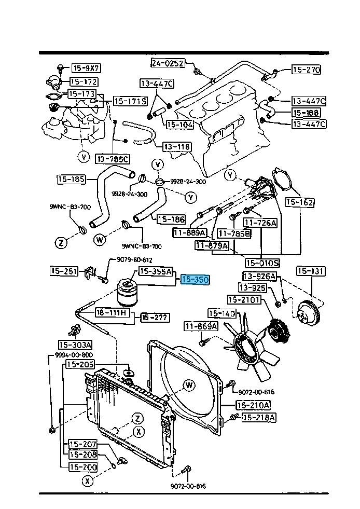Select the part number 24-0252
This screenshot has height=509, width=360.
pyautogui.click(x=168, y=63)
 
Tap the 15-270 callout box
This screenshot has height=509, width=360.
pyautogui.click(x=306, y=70)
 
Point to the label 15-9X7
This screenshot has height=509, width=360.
pyautogui.click(x=86, y=68)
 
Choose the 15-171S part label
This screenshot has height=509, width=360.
pyautogui.click(x=130, y=101)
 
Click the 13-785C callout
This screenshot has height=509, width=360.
pyautogui.click(x=113, y=158)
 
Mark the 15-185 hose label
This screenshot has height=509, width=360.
pyautogui.click(x=71, y=180)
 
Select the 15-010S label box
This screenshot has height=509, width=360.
pyautogui.click(x=262, y=263)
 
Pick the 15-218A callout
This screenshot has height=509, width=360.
pyautogui.click(x=259, y=417)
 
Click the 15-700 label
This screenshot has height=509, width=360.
pyautogui.click(x=82, y=467)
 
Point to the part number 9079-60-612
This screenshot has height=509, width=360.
pyautogui.click(x=130, y=260)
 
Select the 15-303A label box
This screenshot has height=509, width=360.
pyautogui.click(x=75, y=345)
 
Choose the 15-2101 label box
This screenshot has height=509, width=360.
pyautogui.click(x=244, y=299)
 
